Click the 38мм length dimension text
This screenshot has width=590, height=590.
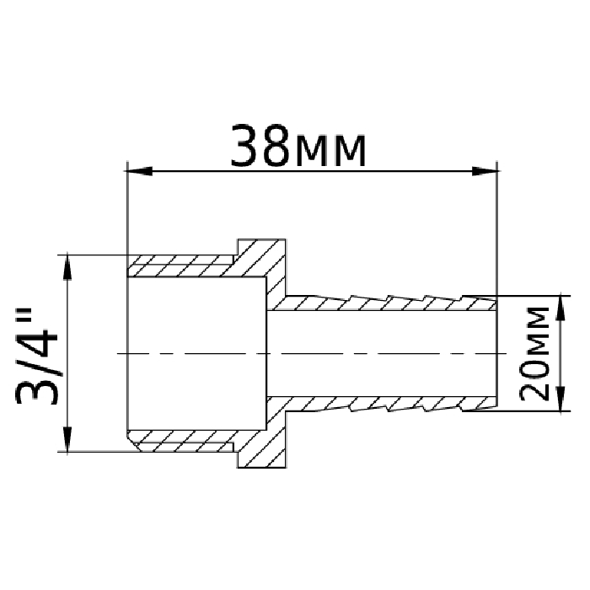pos(298,145)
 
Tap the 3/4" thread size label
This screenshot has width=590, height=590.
pos(36,357)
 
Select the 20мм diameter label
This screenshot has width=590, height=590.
pos(534,354)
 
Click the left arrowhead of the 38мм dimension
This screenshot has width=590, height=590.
pos(138,171)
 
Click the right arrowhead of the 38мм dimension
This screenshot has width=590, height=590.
pos(486,171)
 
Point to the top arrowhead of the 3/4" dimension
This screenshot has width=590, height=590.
pos(67,267)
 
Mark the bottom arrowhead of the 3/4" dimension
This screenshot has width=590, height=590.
pos(67,439)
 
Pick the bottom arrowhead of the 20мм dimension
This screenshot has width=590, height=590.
pos(560,398)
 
